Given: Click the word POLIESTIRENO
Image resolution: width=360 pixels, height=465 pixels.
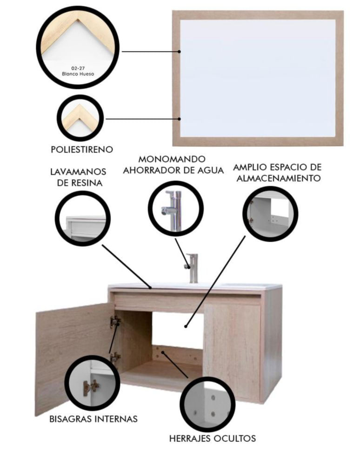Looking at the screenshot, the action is click(82, 149).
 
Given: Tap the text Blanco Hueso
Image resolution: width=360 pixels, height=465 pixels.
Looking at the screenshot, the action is click(78, 73).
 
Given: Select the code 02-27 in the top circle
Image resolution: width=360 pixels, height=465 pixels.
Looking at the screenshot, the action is click(78, 68).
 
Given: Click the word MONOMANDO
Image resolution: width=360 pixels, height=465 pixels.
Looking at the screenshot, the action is click(172, 159).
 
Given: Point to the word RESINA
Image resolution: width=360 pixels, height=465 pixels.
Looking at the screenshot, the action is click(88, 183).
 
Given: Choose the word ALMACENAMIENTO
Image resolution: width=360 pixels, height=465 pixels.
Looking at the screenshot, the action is click(279, 179).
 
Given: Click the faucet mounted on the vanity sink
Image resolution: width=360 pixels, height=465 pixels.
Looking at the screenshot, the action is click(192, 268).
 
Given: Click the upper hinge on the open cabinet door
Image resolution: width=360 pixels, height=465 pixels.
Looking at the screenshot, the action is click(115, 321).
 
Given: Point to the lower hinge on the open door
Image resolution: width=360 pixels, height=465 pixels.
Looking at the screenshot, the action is click(115, 357).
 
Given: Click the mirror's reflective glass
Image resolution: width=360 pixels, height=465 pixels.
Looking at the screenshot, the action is click(258, 78).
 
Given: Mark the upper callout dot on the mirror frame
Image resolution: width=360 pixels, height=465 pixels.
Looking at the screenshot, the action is click(179, 52).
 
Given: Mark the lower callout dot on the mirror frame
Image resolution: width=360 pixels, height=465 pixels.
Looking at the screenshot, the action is click(179, 119).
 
